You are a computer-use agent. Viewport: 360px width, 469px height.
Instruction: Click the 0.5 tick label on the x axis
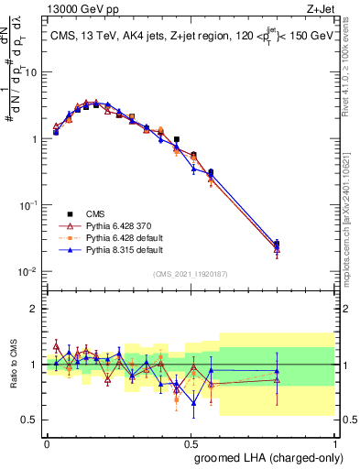(191, 442)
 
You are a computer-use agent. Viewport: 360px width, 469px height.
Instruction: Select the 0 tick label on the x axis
(47, 442)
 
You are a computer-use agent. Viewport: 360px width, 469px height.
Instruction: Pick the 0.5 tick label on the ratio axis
(32, 420)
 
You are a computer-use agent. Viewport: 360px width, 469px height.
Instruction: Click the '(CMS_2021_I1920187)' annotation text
(190, 273)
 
